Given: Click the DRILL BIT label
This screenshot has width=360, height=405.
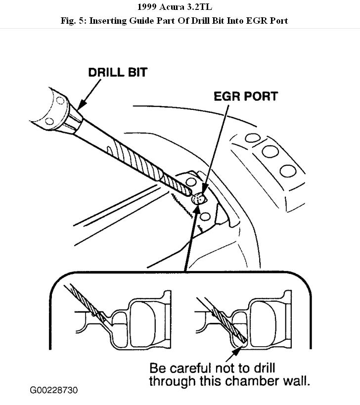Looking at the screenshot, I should tap(117, 72).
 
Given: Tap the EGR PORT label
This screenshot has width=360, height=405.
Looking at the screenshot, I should tap(246, 96).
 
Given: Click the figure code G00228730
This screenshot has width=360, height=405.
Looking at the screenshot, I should tap(54, 390).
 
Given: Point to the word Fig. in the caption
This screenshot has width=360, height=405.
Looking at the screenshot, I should tap(78, 20).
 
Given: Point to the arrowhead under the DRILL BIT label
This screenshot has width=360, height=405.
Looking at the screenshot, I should tap(80, 105).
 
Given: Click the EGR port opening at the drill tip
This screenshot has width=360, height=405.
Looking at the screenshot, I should tap(198, 199).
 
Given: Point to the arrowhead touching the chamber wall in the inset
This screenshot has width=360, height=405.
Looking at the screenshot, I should tap(239, 348).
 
